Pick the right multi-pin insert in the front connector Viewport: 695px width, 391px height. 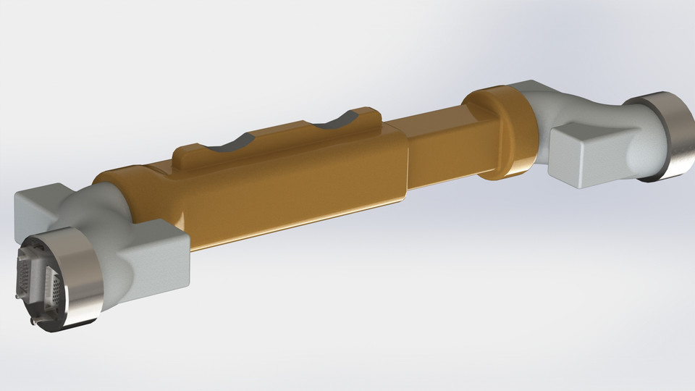55,290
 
